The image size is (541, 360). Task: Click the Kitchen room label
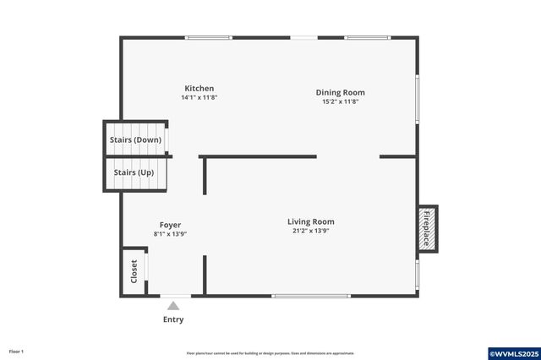click(199, 89)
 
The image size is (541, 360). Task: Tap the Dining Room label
click(341, 92)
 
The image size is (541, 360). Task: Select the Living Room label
click(311, 221)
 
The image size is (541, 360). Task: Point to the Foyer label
click(170, 225)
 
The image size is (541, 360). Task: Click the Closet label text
click(134, 271)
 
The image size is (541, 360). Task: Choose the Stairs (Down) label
click(135, 139)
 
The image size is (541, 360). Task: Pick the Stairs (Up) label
click(134, 172)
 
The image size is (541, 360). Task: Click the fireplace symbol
click(427, 228)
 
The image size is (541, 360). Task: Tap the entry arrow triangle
click(173, 306)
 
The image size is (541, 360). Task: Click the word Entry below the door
click(173, 319)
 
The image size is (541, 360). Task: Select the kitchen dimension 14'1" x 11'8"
click(199, 97)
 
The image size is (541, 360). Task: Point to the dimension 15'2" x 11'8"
click(341, 101)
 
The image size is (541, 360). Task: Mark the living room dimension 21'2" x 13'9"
click(311, 230)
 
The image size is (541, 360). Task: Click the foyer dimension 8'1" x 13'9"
click(170, 233)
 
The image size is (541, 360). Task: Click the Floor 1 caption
click(17, 352)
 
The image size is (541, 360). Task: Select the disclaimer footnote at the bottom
click(270, 353)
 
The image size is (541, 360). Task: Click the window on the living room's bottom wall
click(311, 295)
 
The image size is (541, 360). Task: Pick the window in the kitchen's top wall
click(209, 37)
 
